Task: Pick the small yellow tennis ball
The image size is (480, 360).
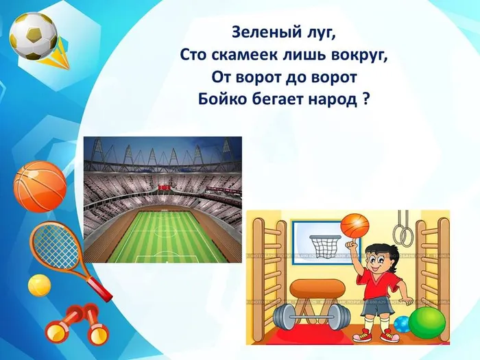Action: [x=39, y=284]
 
